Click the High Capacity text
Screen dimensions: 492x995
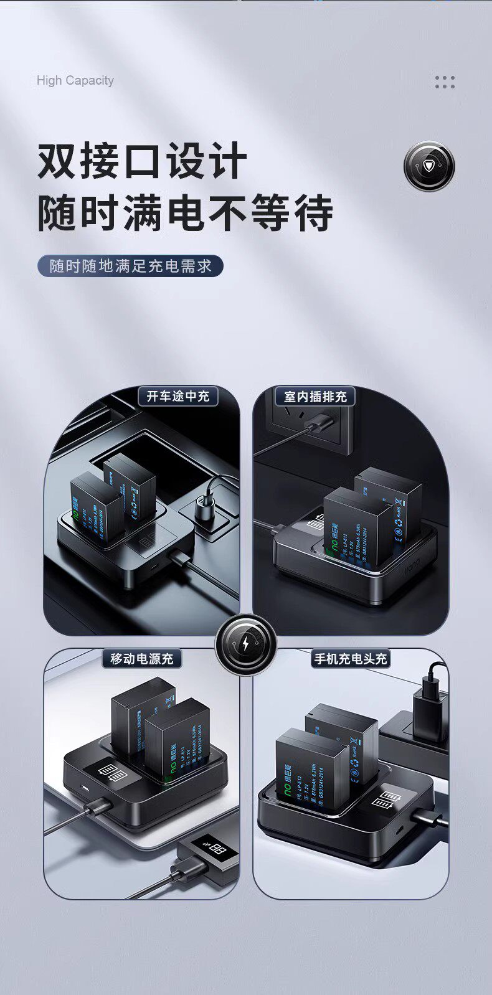75,80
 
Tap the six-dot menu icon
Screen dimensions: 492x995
445,82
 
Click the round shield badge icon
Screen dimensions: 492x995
429,166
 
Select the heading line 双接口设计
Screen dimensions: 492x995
142,161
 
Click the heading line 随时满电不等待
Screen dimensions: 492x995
185,213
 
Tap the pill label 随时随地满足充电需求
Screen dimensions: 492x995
130,266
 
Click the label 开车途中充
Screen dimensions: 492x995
178,396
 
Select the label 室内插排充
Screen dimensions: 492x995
315,396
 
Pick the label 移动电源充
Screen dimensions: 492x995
142,658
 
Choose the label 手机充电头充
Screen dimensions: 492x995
351,658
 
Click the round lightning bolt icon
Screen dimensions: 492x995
246,644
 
